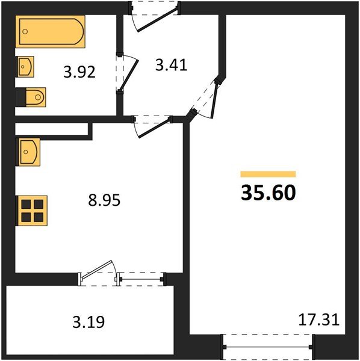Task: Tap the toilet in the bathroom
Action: [34, 96]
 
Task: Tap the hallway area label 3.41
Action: [172, 64]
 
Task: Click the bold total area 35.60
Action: [268, 193]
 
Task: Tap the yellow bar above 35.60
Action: [268, 174]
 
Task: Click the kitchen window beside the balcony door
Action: [141, 277]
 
